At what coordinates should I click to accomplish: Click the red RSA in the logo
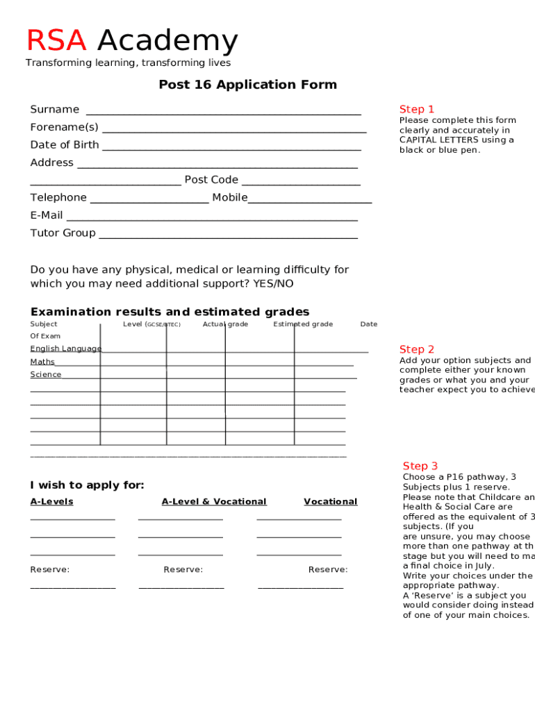pyautogui.click(x=56, y=41)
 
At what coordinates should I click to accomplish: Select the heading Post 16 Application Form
pyautogui.click(x=247, y=85)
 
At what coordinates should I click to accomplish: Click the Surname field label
pyautogui.click(x=55, y=110)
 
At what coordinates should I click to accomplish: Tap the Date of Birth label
pyautogui.click(x=65, y=145)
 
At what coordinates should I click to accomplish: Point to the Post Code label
pyautogui.click(x=211, y=180)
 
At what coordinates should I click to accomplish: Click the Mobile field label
pyautogui.click(x=229, y=198)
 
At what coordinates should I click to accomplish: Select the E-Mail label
pyautogui.click(x=47, y=215)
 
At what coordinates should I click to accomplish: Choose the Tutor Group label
pyautogui.click(x=63, y=233)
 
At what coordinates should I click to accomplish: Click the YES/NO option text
pyautogui.click(x=273, y=284)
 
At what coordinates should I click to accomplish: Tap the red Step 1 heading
pyautogui.click(x=417, y=109)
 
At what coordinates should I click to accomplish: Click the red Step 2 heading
pyautogui.click(x=417, y=349)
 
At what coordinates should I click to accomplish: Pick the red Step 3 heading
pyautogui.click(x=420, y=466)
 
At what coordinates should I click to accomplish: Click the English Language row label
pyautogui.click(x=65, y=349)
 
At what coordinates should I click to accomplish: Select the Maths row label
pyautogui.click(x=42, y=362)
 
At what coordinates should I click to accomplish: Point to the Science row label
pyautogui.click(x=46, y=375)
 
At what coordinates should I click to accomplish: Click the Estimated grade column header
pyautogui.click(x=303, y=324)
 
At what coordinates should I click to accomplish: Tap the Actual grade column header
pyautogui.click(x=225, y=324)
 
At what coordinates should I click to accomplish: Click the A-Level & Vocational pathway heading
pyautogui.click(x=214, y=501)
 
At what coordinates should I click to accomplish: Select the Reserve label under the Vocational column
pyautogui.click(x=328, y=569)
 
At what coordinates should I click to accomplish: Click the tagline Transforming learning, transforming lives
pyautogui.click(x=129, y=63)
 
